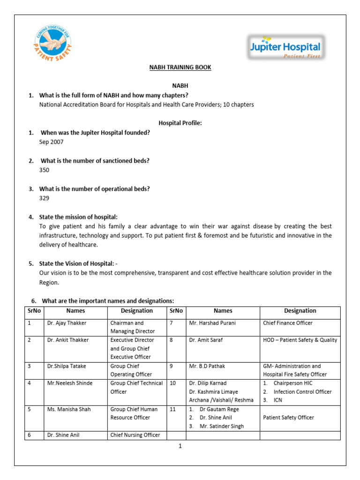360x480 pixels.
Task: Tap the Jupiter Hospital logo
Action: click(285, 48)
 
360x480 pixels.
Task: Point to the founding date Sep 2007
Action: click(51, 142)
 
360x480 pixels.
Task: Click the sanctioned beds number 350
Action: click(45, 170)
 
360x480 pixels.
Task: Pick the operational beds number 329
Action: click(45, 198)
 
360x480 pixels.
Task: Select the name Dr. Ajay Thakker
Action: click(67, 323)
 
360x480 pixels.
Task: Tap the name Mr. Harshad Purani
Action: click(212, 323)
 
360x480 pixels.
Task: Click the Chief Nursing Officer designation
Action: click(135, 435)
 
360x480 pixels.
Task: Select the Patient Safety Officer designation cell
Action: click(288, 417)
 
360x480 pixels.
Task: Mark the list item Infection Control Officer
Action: click(302, 391)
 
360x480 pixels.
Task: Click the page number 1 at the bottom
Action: click(180, 446)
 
